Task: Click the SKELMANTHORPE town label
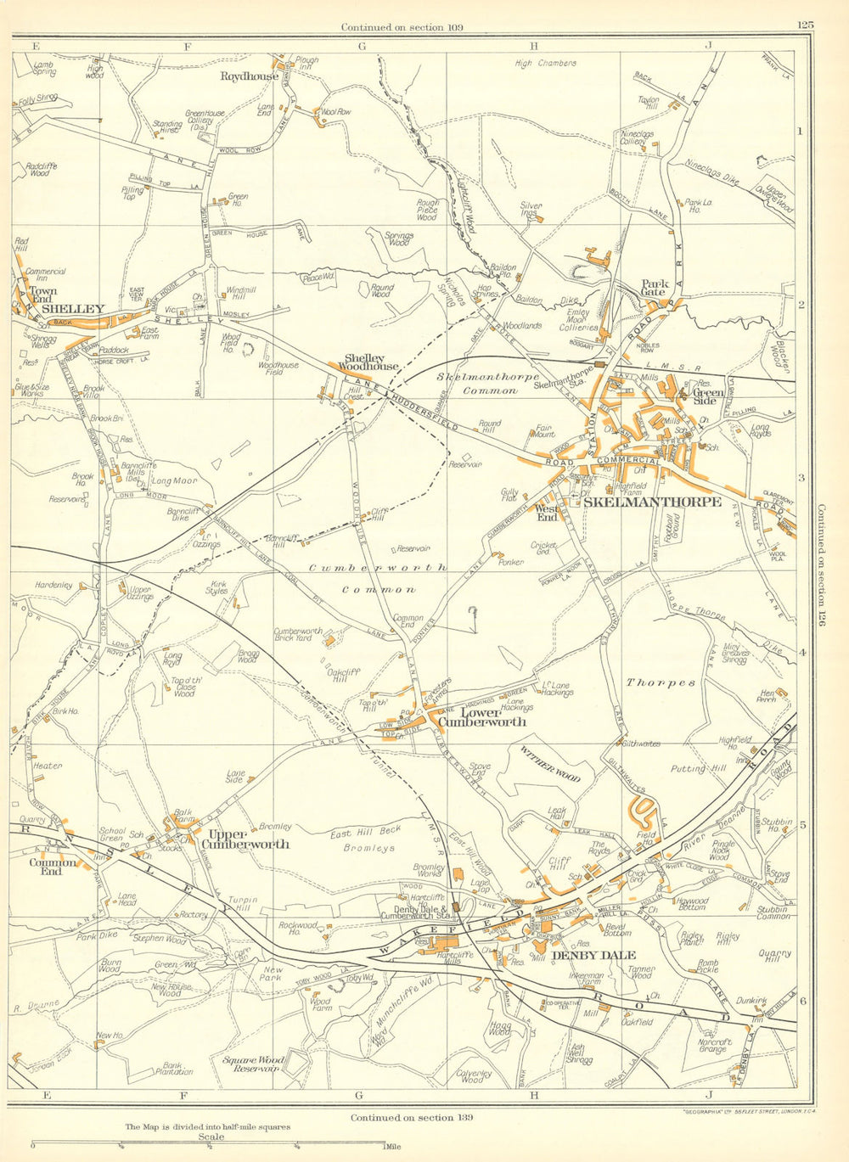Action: pos(652,502)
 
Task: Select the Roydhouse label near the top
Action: pos(249,76)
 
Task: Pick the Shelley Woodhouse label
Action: pos(370,362)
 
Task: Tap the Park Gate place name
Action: pos(654,289)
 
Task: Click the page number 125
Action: pos(805,25)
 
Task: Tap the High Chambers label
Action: pos(546,64)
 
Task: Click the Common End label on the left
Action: pos(52,867)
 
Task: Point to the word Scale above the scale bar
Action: pos(211,1137)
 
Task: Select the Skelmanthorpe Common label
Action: pos(477,383)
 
